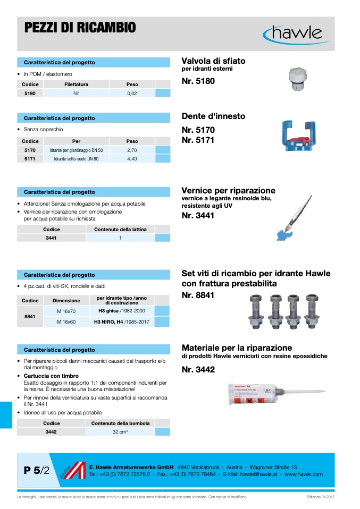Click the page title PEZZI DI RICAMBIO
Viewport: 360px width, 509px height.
(x=80, y=28)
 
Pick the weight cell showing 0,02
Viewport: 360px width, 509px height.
(x=132, y=93)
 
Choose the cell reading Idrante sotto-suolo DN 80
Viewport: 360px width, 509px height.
(x=76, y=158)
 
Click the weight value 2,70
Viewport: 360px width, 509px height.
(x=132, y=150)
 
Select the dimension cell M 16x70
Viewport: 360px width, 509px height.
(x=66, y=311)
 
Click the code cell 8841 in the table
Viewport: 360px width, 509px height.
(x=30, y=316)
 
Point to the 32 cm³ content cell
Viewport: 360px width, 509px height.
(x=120, y=432)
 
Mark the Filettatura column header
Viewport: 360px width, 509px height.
(x=76, y=84)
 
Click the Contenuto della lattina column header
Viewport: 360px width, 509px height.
(x=120, y=230)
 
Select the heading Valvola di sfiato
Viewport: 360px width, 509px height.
(x=213, y=61)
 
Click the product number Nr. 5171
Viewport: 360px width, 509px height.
(x=198, y=140)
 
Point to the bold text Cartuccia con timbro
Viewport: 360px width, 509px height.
(x=51, y=376)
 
